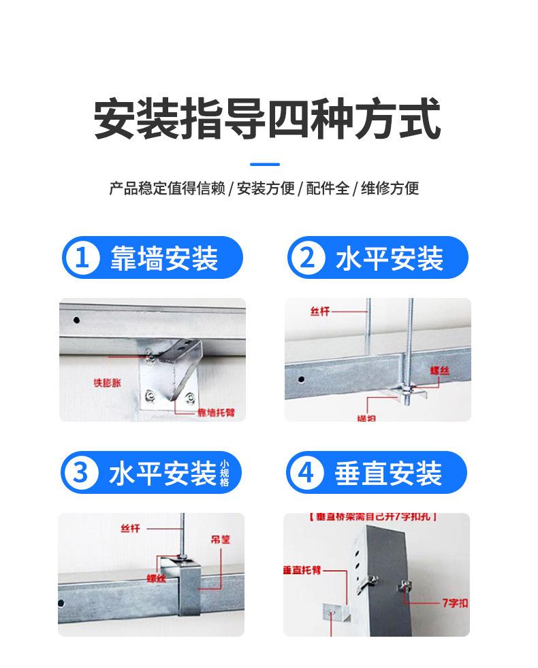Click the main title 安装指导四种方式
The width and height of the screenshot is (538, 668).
[267, 120]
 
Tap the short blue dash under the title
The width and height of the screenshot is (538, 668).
[265, 164]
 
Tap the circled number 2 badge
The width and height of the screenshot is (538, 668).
[307, 258]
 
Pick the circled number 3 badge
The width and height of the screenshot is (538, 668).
[81, 473]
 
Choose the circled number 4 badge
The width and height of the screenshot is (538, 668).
[307, 473]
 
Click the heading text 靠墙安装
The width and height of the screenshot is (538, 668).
[163, 258]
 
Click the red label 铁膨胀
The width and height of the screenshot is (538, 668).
[106, 382]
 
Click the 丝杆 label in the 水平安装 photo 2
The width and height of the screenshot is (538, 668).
[319, 311]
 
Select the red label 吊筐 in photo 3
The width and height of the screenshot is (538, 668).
[220, 539]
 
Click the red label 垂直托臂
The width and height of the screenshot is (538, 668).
[301, 569]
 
